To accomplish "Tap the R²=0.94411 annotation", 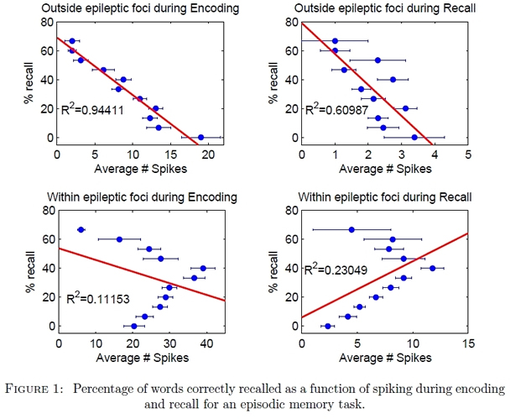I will pos(97,109).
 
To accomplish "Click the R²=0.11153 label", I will pos(97,297).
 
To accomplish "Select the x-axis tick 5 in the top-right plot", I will pos(468,155).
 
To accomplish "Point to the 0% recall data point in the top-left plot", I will pos(200,138).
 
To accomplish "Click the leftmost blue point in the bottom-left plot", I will pos(81,229).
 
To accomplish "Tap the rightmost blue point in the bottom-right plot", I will pos(433,269).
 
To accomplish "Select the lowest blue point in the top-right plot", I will pos(414,138).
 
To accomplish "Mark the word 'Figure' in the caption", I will pos(40,389).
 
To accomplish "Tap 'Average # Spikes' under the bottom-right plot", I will pos(384,356).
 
